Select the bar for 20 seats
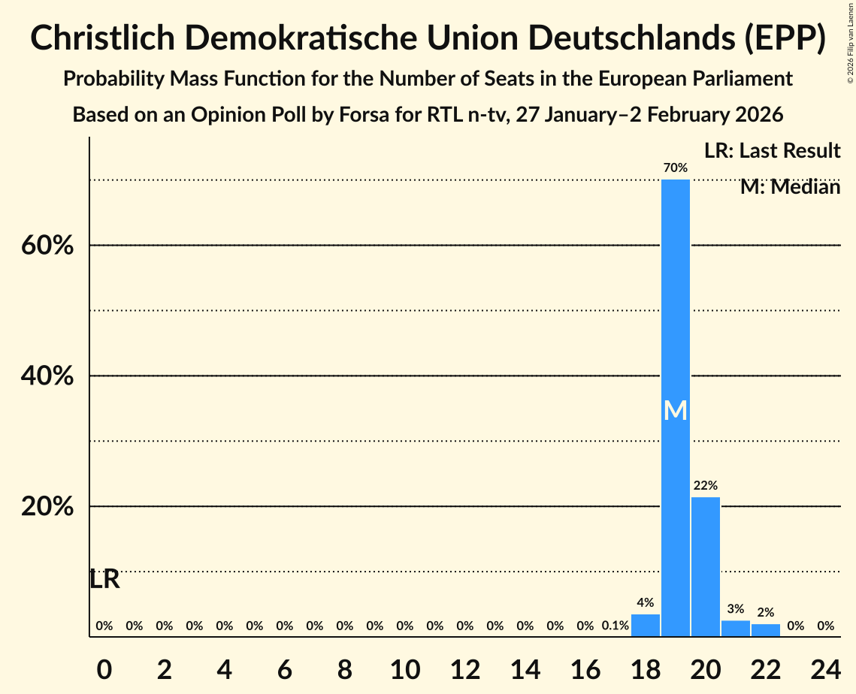click(705, 566)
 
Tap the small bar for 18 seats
click(645, 626)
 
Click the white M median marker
click(675, 410)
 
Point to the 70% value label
click(675, 167)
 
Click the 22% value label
click(705, 485)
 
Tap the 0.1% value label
click(615, 626)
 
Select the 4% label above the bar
click(645, 602)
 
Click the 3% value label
click(735, 608)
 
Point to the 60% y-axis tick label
click(47, 246)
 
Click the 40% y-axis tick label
click(47, 376)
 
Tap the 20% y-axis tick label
click(47, 507)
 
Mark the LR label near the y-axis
click(104, 579)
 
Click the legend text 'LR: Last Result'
click(772, 151)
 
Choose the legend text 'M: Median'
click(790, 186)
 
